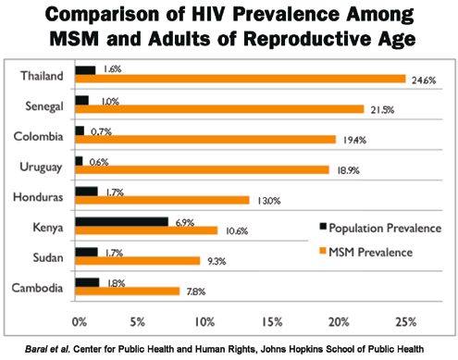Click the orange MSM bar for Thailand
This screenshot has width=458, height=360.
click(x=241, y=79)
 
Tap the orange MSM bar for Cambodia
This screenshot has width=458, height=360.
click(x=128, y=291)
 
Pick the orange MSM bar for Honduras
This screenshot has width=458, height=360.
click(x=163, y=200)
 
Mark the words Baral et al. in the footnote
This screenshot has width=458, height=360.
click(x=42, y=348)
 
